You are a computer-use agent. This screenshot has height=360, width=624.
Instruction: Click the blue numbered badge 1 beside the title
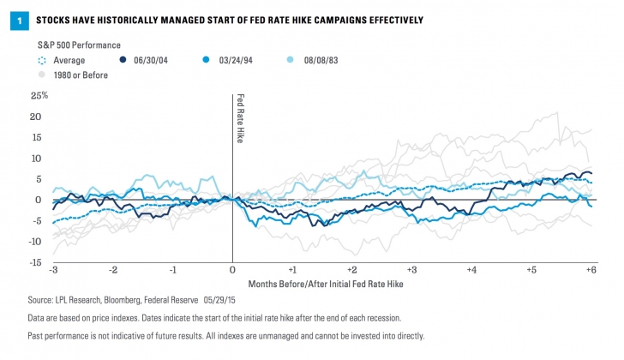click(x=15, y=18)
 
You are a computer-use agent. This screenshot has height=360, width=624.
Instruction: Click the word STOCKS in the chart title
click(x=52, y=18)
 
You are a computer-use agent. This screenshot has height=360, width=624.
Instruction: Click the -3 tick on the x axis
click(x=53, y=269)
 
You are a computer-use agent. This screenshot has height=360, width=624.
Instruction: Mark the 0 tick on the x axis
click(x=232, y=269)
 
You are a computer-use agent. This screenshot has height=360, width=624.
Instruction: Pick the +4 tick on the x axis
click(x=471, y=269)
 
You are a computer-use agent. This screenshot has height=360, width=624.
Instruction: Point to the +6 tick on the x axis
click(x=590, y=269)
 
